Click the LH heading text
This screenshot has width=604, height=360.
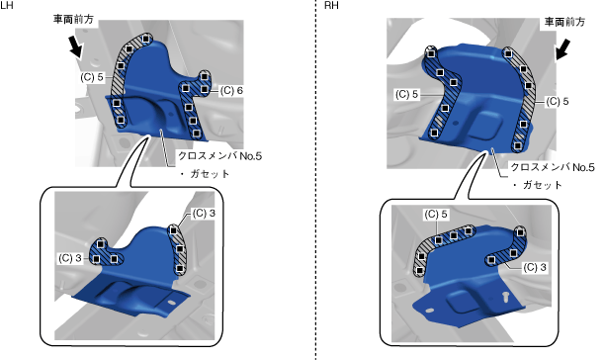pos(7,5)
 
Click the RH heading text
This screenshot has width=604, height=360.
pos(331,5)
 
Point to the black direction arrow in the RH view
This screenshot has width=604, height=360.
pos(562,49)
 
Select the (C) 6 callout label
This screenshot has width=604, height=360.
pos(231,90)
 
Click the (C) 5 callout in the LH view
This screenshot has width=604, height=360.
pos(92,77)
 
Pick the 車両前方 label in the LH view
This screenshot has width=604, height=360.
pos(73,19)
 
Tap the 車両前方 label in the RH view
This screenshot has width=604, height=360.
pos(564,22)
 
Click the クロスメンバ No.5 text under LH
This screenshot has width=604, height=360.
pos(220,155)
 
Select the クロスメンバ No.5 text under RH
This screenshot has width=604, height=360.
pos(553,167)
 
